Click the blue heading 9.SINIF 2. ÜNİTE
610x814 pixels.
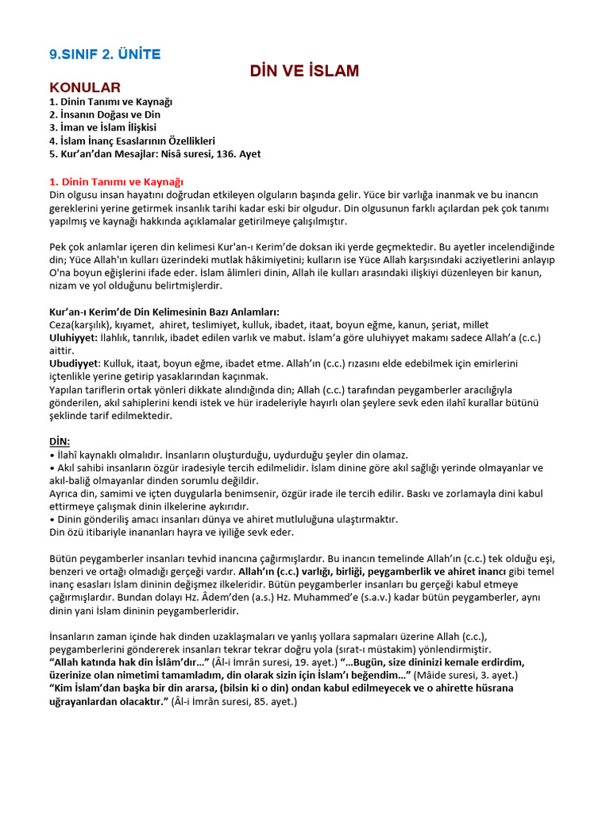[105, 54]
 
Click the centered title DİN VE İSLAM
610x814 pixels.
[304, 71]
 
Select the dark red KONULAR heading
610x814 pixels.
[85, 87]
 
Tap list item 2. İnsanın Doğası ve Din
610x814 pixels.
[105, 114]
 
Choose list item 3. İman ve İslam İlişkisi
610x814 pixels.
[102, 127]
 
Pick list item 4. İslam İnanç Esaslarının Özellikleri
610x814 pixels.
[132, 141]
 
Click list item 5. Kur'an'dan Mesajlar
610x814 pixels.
[155, 153]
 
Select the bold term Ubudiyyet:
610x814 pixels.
[74, 363]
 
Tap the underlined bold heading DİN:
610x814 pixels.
[60, 441]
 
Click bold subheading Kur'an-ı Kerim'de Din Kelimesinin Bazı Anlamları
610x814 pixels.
[164, 312]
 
